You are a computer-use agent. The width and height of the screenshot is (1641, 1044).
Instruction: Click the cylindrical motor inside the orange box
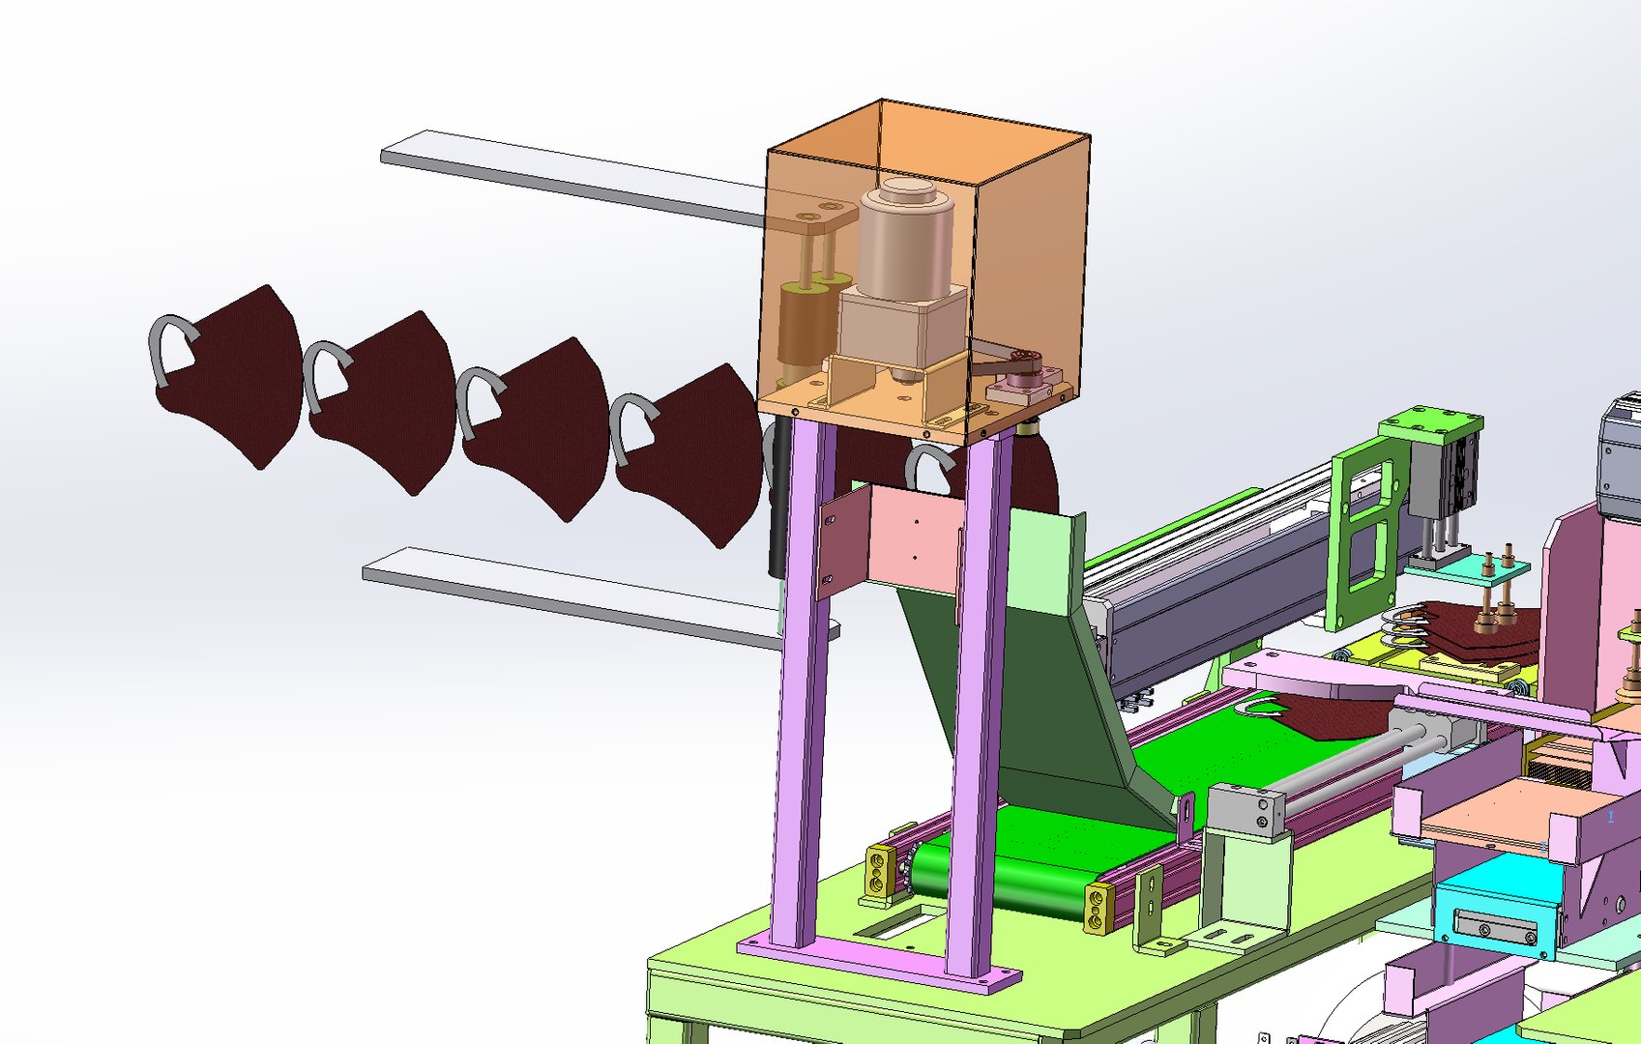click(904, 242)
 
